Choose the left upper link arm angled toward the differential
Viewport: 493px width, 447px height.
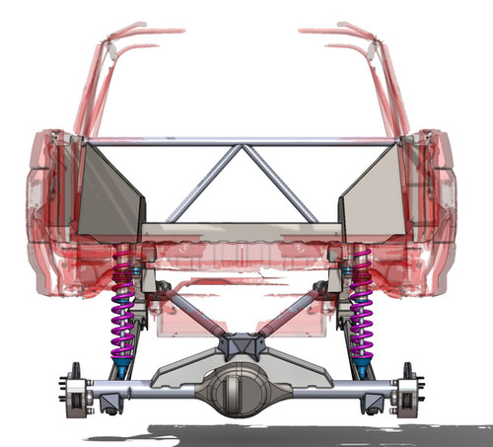coord(192,313)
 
